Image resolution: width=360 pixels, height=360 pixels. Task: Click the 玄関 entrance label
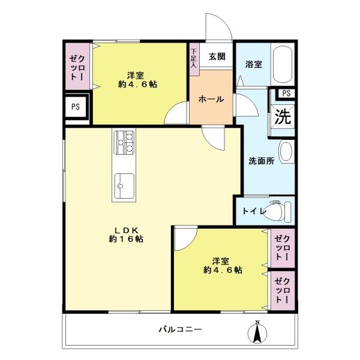coord(217,57)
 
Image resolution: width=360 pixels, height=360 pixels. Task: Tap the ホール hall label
coord(211,99)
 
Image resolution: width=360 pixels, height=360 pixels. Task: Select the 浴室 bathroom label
coord(253,64)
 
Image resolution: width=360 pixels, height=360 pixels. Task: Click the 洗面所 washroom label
coord(262,161)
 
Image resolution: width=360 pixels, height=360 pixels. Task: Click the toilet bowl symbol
coord(278,211)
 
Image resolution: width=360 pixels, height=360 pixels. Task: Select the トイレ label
coord(251,211)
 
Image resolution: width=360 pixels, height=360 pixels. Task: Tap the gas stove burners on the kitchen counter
coord(125,143)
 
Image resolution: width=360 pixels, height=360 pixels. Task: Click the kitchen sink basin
coord(124,186)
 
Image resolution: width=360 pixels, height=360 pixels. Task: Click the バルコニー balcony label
coord(180,329)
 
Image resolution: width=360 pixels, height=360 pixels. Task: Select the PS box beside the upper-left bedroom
coord(76,108)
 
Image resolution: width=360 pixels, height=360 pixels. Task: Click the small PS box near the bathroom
coord(286,93)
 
